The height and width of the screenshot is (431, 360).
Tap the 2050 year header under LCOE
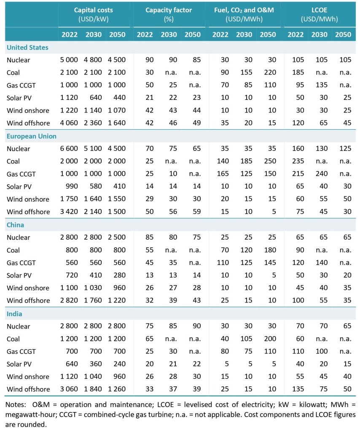pos(343,35)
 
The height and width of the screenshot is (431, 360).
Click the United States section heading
pos(27,48)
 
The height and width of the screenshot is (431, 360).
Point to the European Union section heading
pos(32,136)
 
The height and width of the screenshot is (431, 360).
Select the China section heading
pos(15,225)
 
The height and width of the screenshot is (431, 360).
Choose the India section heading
pos(14,314)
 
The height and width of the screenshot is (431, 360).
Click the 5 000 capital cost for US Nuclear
pos(70,60)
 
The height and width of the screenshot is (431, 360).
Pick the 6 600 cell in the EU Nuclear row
pos(70,149)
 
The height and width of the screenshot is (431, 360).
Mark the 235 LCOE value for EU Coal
pos(298,161)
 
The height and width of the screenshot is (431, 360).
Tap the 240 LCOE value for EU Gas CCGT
pos(321,174)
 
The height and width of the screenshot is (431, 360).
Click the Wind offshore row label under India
pos(28,389)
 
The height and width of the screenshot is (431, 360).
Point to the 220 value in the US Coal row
pos(268,73)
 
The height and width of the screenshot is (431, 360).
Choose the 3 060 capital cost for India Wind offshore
pos(70,389)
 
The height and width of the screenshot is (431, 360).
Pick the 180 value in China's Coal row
pos(268,250)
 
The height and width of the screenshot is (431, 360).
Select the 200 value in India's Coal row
pos(268,339)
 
